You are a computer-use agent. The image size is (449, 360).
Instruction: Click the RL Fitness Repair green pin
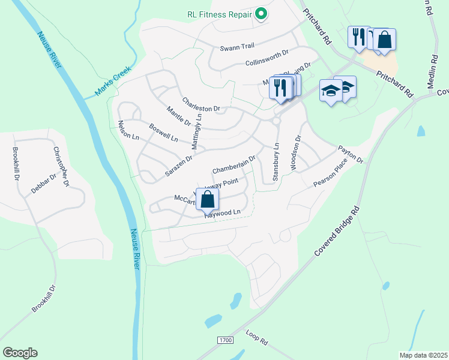point(261,13)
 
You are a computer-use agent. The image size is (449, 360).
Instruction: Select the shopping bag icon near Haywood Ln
point(207,198)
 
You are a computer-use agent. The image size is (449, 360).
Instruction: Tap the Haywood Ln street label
point(222,213)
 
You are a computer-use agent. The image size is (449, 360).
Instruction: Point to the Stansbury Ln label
point(276,162)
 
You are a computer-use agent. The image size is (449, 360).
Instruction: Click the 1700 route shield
point(224,340)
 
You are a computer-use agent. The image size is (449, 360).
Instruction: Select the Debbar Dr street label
point(43,184)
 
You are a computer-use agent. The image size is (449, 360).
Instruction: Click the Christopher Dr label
point(62,166)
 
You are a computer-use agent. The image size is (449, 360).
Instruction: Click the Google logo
point(20,353)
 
